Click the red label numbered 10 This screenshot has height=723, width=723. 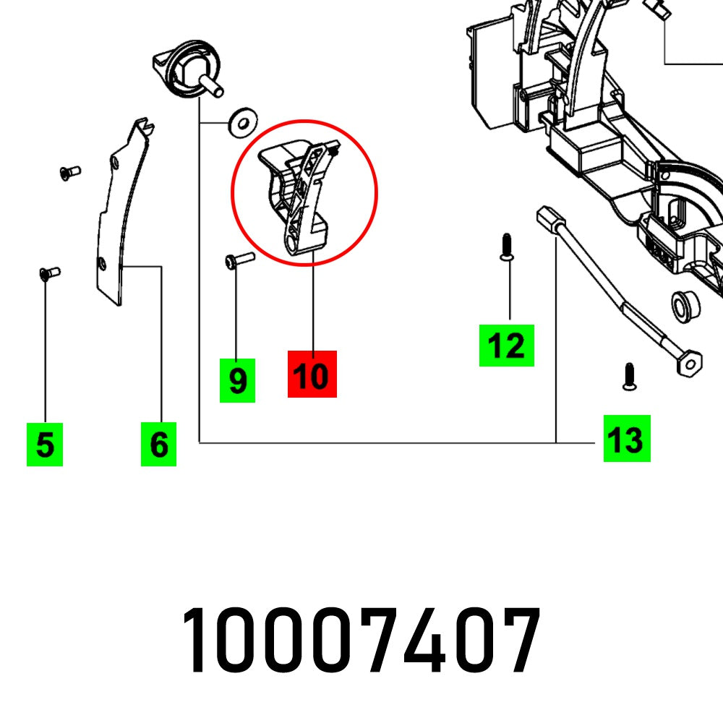click(x=312, y=374)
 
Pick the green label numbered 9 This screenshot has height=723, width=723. click(x=237, y=380)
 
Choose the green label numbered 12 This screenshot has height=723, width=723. click(x=506, y=346)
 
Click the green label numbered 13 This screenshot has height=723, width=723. click(x=627, y=438)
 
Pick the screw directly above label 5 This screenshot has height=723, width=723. click(x=48, y=273)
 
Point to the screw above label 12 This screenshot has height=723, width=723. click(x=507, y=247)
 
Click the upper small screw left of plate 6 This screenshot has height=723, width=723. click(x=69, y=171)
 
